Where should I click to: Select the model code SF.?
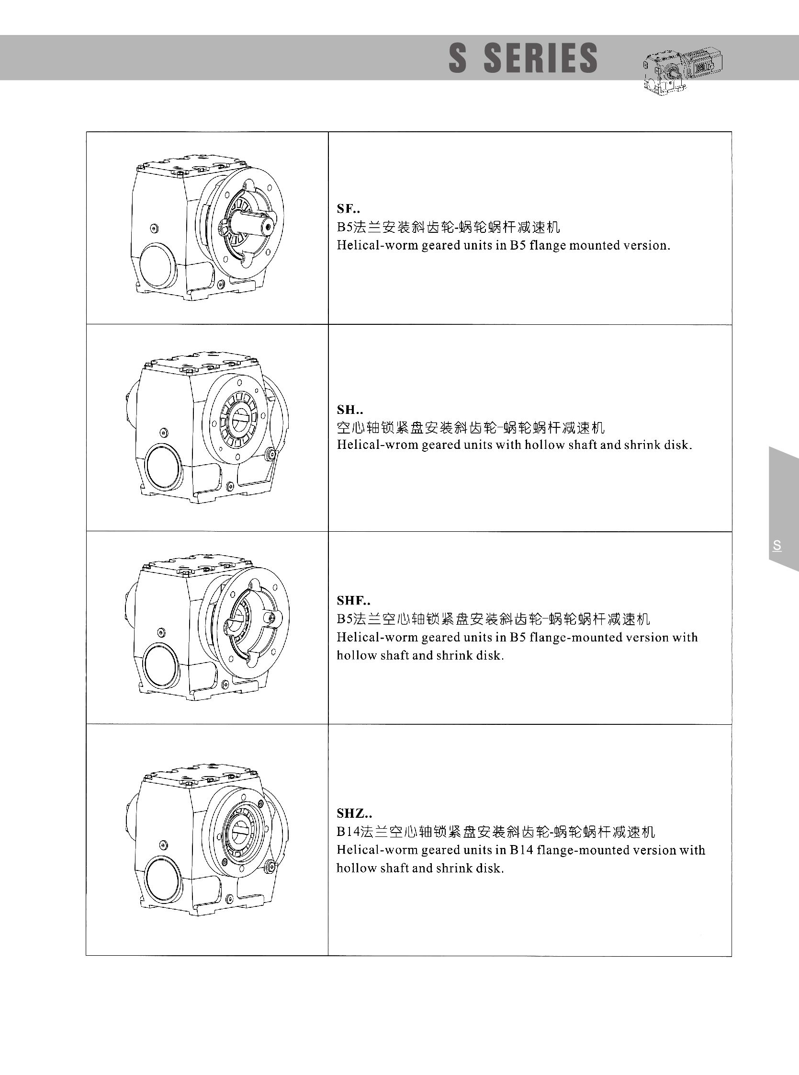click(348, 208)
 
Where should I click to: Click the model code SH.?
click(349, 410)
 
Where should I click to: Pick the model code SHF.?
click(354, 601)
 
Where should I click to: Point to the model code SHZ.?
click(354, 813)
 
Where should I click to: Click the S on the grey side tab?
click(777, 546)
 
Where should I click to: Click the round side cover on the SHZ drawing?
click(163, 879)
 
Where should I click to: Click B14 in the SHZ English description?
click(520, 850)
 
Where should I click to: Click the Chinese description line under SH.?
click(471, 427)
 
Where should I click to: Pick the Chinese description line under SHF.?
click(493, 618)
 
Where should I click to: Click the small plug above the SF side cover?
click(154, 228)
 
